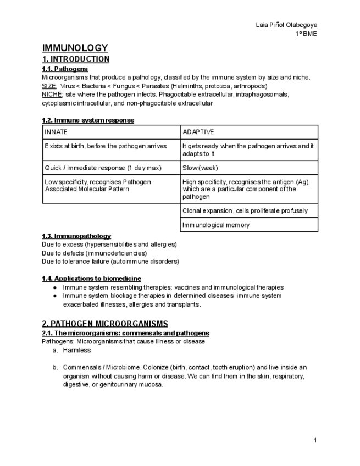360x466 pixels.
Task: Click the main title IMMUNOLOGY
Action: pyautogui.click(x=75, y=48)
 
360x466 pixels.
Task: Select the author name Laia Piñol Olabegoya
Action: pyautogui.click(x=286, y=25)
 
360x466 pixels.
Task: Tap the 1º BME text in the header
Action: pyautogui.click(x=306, y=34)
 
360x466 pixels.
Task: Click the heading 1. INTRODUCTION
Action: pyautogui.click(x=75, y=59)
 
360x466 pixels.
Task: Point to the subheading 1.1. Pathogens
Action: pyautogui.click(x=65, y=69)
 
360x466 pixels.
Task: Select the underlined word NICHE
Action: pyautogui.click(x=52, y=95)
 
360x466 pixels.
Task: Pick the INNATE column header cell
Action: pyautogui.click(x=112, y=132)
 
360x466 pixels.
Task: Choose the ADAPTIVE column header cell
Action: pyautogui.click(x=249, y=132)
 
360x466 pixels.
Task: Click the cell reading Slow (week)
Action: pyautogui.click(x=249, y=168)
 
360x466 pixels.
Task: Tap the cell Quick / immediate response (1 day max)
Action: pyautogui.click(x=112, y=168)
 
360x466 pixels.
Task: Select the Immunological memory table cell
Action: pyautogui.click(x=249, y=225)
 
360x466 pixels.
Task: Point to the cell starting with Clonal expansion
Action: pyautogui.click(x=249, y=211)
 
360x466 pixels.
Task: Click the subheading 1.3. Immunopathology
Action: pyautogui.click(x=76, y=236)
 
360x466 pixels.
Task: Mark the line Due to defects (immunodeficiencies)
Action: pyautogui.click(x=95, y=253)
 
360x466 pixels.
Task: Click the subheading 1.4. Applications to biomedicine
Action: pyautogui.click(x=91, y=279)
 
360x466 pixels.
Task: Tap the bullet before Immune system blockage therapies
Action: pyautogui.click(x=55, y=296)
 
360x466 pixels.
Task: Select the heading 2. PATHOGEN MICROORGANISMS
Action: pyautogui.click(x=105, y=324)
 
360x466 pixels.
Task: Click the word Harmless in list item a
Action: pyautogui.click(x=77, y=350)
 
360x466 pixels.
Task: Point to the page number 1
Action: pyautogui.click(x=315, y=440)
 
